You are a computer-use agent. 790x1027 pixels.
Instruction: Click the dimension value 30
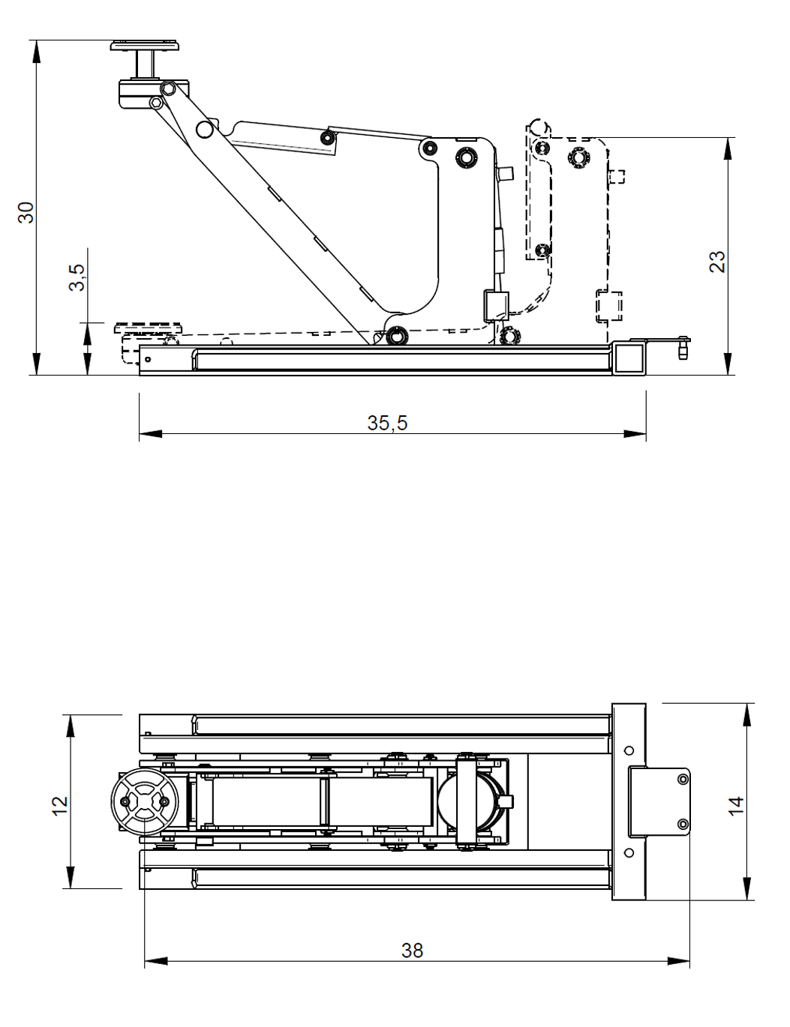click(26, 212)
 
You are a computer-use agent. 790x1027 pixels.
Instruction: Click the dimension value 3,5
click(77, 277)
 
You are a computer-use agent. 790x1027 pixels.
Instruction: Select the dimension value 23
click(717, 262)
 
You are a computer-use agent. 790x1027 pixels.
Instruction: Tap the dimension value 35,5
click(387, 423)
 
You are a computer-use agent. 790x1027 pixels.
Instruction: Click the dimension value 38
click(413, 951)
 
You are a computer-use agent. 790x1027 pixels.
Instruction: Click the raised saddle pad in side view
click(145, 46)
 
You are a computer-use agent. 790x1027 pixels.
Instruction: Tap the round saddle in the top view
click(145, 802)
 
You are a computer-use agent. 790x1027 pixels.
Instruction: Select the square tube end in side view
click(629, 359)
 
